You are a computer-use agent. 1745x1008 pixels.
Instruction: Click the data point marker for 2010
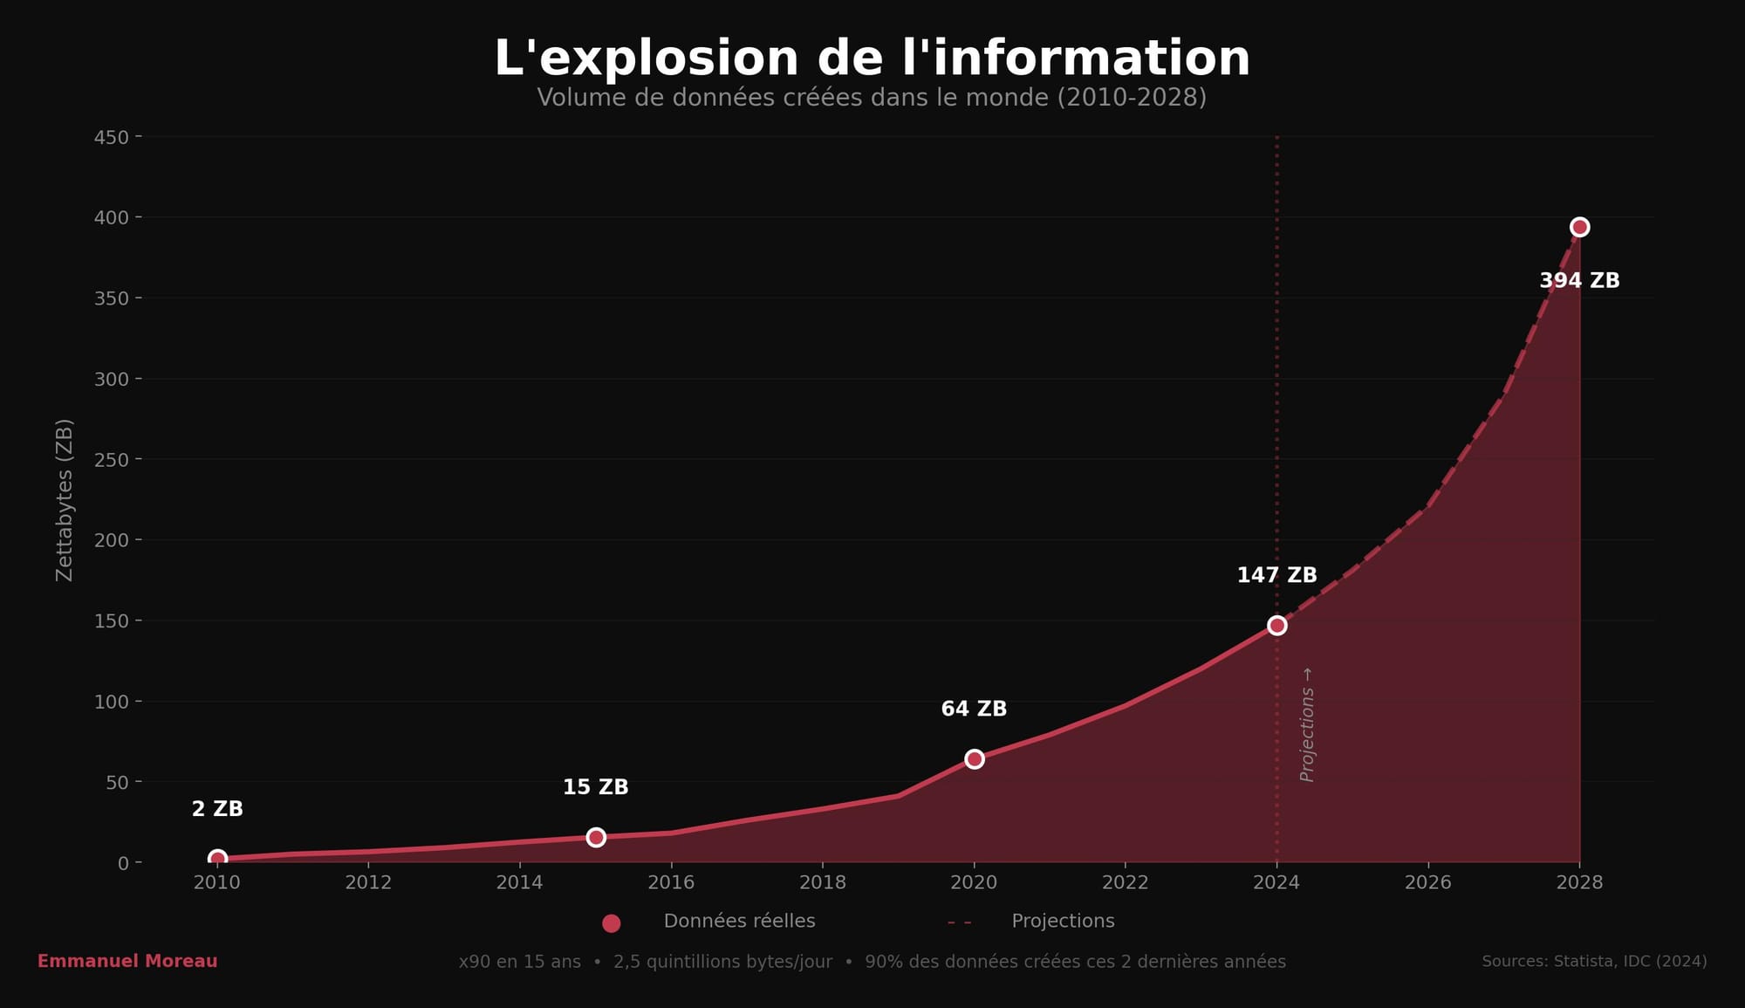pyautogui.click(x=217, y=859)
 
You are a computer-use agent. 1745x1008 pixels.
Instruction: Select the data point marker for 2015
pyautogui.click(x=596, y=837)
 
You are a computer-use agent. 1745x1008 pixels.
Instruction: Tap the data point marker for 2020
pyautogui.click(x=975, y=759)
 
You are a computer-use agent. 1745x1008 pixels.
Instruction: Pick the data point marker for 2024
pyautogui.click(x=1277, y=625)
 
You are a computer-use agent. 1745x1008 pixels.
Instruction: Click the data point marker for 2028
pyautogui.click(x=1579, y=227)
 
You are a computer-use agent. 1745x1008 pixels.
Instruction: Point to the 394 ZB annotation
pyautogui.click(x=1579, y=281)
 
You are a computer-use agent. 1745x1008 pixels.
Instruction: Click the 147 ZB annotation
pyautogui.click(x=1276, y=576)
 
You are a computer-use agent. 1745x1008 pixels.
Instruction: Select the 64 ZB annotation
pyautogui.click(x=974, y=710)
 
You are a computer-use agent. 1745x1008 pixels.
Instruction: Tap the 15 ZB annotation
pyautogui.click(x=595, y=787)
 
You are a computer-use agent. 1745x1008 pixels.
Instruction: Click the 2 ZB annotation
pyautogui.click(x=217, y=809)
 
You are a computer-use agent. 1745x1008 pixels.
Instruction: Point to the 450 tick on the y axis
pyautogui.click(x=112, y=138)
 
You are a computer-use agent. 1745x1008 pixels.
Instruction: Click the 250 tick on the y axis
pyautogui.click(x=112, y=460)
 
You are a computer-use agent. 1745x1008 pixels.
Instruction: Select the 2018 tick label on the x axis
pyautogui.click(x=823, y=882)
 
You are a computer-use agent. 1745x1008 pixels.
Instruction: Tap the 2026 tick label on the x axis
pyautogui.click(x=1428, y=882)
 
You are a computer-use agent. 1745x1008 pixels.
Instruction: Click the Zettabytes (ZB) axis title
pyautogui.click(x=65, y=500)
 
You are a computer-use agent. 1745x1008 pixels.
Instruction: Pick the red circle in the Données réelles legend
pyautogui.click(x=612, y=922)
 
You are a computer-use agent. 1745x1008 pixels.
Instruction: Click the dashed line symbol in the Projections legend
pyautogui.click(x=959, y=922)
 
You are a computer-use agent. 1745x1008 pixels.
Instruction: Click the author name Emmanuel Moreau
pyautogui.click(x=127, y=961)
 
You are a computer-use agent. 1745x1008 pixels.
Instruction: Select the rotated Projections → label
pyautogui.click(x=1307, y=724)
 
